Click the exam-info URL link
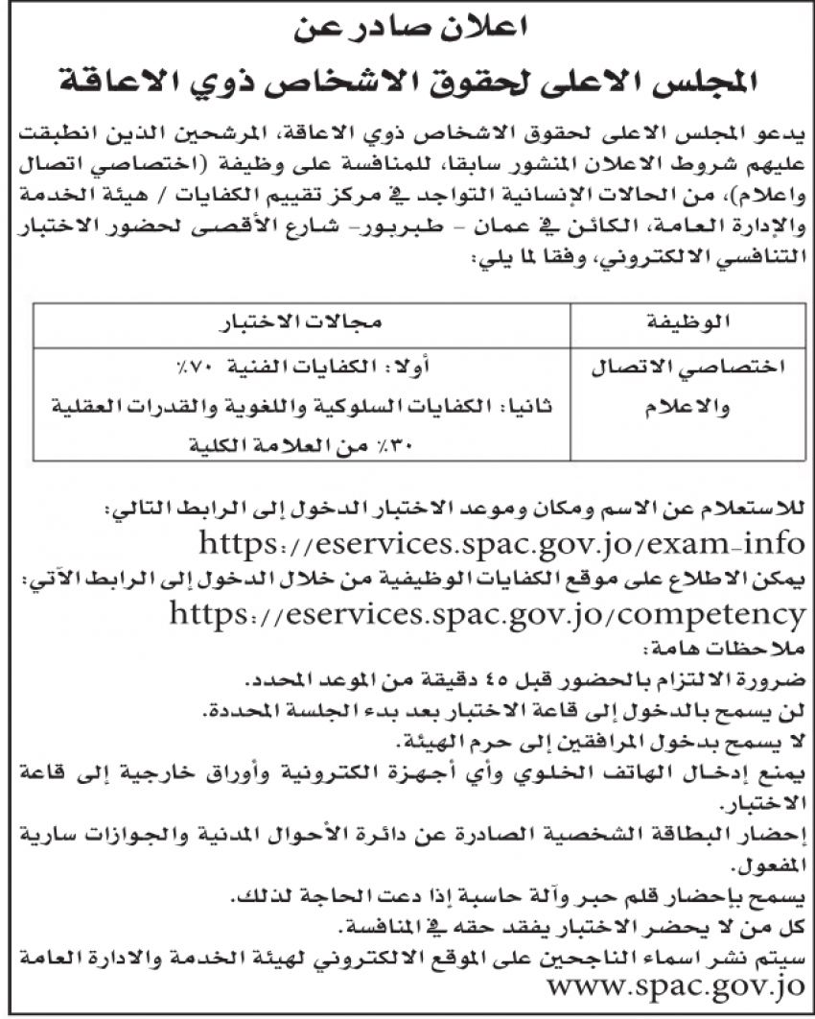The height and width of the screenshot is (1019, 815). point(501,544)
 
